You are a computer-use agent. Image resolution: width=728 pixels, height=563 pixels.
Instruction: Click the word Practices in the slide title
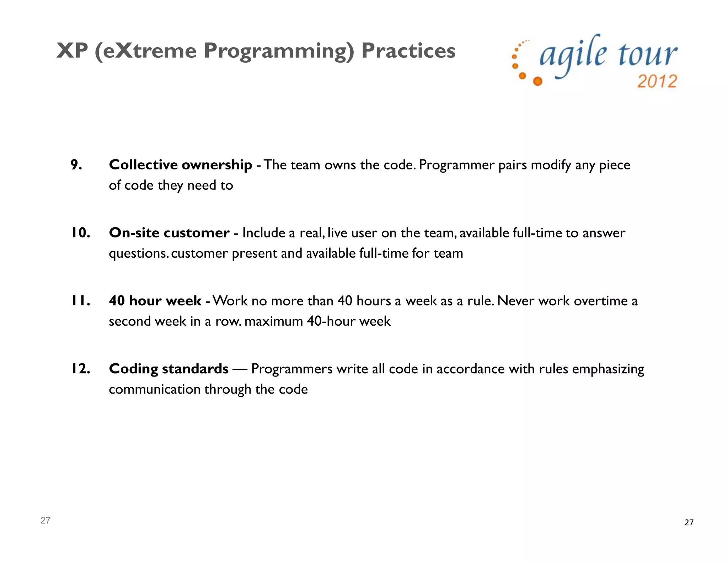(x=408, y=51)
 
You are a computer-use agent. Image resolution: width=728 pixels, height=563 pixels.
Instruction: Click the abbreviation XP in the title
(x=72, y=51)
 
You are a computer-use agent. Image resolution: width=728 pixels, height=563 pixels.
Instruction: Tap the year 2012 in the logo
(x=657, y=81)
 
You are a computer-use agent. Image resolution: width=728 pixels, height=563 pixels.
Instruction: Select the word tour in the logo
(x=647, y=55)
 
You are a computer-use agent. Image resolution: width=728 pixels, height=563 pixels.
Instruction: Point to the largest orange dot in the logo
(x=538, y=81)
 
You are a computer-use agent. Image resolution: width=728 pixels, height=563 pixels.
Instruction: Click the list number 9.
(x=76, y=165)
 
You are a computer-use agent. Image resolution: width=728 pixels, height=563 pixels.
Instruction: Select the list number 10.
(x=80, y=233)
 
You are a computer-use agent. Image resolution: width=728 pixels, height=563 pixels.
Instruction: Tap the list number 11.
(x=80, y=301)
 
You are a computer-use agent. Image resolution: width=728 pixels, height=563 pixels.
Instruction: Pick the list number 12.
(x=80, y=369)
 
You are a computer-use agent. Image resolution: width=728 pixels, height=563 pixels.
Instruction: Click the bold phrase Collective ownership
(x=180, y=165)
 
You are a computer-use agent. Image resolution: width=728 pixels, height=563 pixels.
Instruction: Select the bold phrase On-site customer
(x=169, y=233)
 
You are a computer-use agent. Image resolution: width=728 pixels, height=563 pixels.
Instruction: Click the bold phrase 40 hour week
(x=155, y=301)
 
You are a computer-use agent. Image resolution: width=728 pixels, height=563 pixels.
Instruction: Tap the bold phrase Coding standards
(x=168, y=369)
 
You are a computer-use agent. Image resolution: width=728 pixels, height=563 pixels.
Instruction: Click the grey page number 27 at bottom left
(x=45, y=520)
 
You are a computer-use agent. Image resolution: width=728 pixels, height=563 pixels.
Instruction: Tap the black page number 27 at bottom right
(x=689, y=522)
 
